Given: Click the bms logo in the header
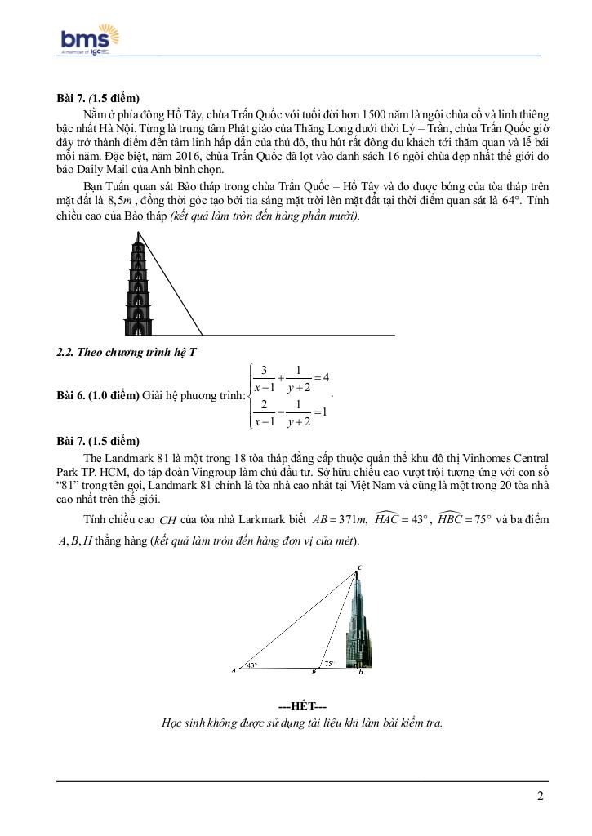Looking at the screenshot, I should click(x=90, y=39).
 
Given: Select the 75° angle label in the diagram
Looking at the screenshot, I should click(x=328, y=665).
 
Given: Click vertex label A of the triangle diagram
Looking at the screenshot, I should click(x=234, y=672).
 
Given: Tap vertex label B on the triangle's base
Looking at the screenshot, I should click(x=314, y=672).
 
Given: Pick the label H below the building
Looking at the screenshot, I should click(x=360, y=672).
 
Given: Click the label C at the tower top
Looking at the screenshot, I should click(x=358, y=567).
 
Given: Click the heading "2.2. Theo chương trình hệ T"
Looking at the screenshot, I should click(x=126, y=352).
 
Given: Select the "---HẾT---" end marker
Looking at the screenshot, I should click(x=302, y=706).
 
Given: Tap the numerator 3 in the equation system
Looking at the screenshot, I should click(x=265, y=370).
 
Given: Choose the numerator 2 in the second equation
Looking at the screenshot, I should click(x=265, y=404).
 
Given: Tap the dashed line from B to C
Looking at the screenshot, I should click(x=339, y=620).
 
